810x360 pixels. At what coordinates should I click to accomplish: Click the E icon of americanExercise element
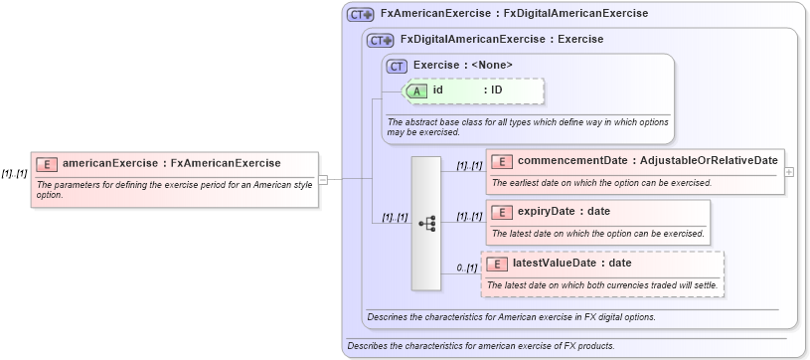(x=47, y=163)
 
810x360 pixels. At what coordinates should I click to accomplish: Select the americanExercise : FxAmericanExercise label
(x=171, y=163)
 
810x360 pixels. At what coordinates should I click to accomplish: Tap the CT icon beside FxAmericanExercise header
(x=360, y=15)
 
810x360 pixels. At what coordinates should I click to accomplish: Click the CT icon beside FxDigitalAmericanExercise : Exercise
(x=381, y=41)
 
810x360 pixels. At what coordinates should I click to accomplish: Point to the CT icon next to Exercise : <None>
(x=398, y=66)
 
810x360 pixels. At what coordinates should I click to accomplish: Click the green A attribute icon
(x=418, y=90)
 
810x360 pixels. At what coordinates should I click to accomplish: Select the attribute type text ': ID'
(x=492, y=90)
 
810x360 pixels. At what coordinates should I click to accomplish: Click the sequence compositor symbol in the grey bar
(x=426, y=224)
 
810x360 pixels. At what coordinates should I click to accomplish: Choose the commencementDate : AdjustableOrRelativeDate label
(x=647, y=161)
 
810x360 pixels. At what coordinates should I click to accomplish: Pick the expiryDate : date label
(x=564, y=212)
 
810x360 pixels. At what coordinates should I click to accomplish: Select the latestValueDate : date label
(x=571, y=264)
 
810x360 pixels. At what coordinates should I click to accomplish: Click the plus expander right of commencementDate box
(x=789, y=171)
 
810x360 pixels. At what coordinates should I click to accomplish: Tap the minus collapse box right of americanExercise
(x=323, y=180)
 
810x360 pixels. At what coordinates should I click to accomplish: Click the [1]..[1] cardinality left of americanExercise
(x=14, y=173)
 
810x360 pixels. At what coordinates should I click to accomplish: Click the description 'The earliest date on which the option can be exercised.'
(x=601, y=183)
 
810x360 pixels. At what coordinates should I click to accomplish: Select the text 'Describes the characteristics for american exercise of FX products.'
(x=480, y=346)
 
